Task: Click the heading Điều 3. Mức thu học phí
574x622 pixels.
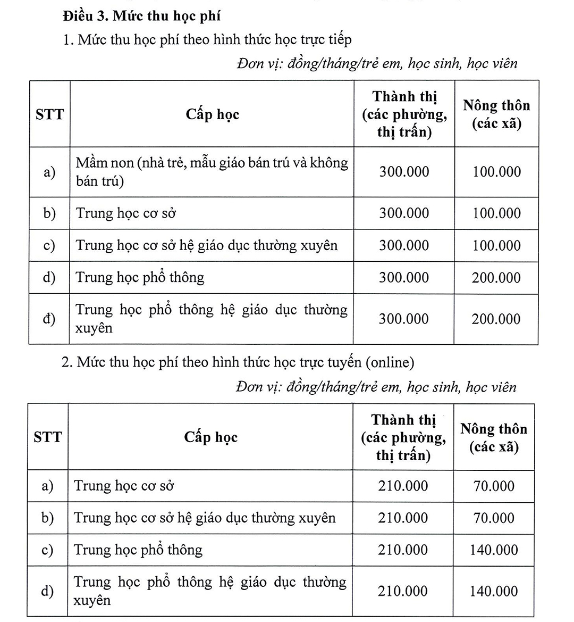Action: click(141, 16)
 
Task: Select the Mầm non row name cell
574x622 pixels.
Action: click(212, 172)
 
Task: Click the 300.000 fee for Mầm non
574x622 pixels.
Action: click(404, 172)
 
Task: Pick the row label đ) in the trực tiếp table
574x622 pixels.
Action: click(49, 319)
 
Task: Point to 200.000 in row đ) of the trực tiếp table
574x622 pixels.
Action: click(496, 319)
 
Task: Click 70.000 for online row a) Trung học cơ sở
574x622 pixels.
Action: click(494, 486)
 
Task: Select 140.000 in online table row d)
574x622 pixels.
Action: click(494, 591)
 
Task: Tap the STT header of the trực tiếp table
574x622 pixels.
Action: click(49, 114)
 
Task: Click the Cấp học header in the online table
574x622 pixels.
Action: click(210, 437)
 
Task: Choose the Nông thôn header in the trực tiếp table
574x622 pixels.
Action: click(496, 114)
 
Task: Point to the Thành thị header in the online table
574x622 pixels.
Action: click(403, 437)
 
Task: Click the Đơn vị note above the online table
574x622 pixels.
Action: click(376, 387)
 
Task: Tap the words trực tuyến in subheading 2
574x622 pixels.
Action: click(335, 362)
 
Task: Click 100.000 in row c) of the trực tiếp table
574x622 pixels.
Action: click(496, 246)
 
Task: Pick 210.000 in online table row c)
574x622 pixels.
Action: click(403, 550)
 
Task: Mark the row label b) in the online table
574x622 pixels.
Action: click(48, 518)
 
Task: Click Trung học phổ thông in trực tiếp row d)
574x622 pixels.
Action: click(140, 277)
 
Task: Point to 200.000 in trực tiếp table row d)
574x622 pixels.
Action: click(496, 278)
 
